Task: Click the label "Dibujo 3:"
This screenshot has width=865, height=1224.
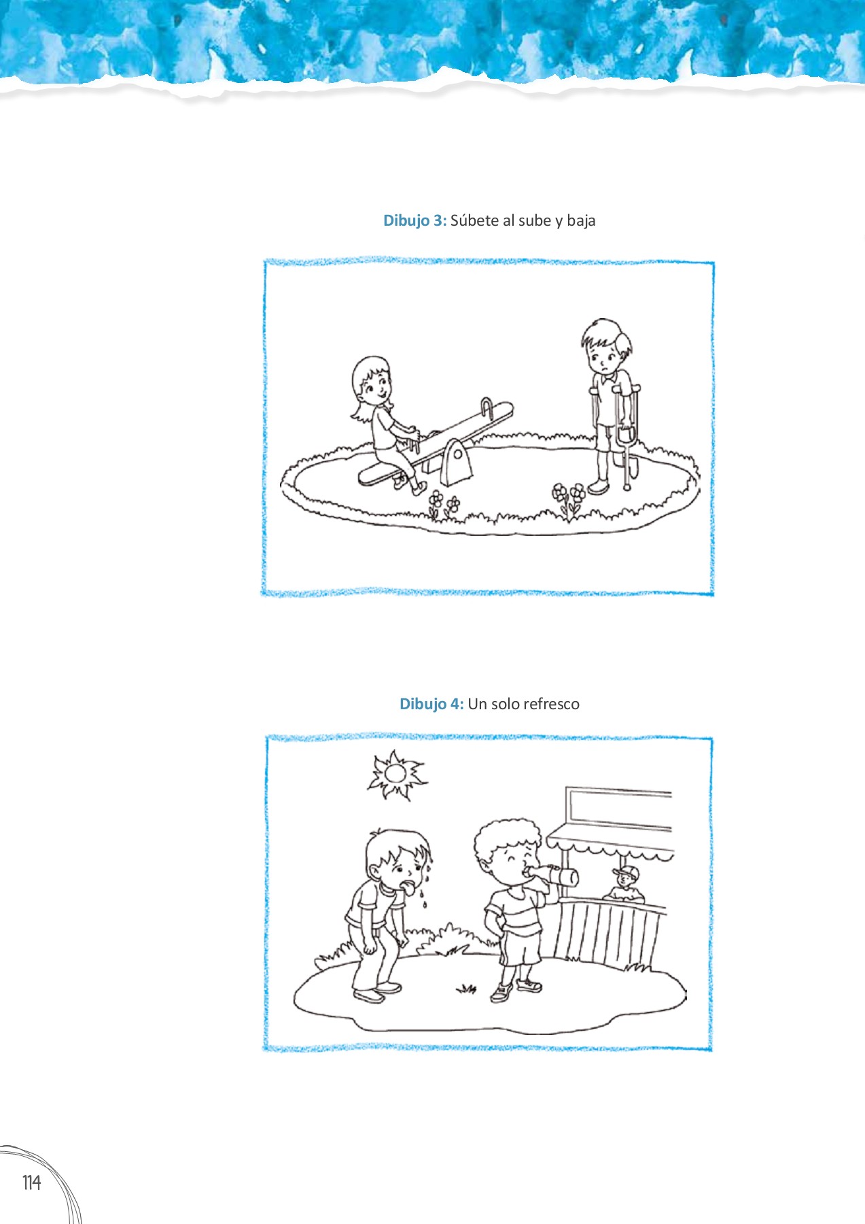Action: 414,220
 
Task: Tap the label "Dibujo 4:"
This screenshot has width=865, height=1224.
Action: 431,704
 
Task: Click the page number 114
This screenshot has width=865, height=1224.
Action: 31,1183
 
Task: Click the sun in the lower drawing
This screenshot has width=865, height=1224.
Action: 395,775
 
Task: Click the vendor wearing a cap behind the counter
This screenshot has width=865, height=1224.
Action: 626,885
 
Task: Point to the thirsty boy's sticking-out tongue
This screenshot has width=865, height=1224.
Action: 410,887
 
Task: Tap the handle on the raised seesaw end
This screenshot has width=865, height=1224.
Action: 487,407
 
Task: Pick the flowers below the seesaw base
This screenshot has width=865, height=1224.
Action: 442,505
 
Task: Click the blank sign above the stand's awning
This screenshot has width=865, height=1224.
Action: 618,808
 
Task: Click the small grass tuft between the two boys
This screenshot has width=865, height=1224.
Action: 466,987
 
